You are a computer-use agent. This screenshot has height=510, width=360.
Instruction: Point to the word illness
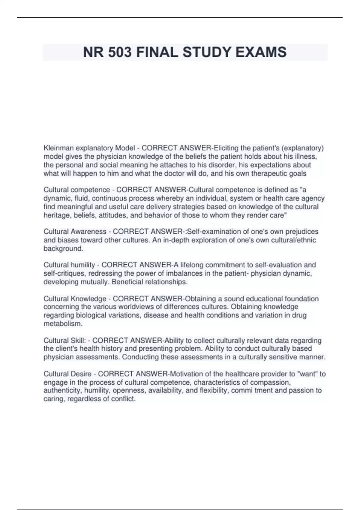tap(306, 157)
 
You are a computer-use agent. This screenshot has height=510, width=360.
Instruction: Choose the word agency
tap(313, 198)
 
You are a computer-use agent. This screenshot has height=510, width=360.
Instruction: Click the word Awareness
tap(88, 232)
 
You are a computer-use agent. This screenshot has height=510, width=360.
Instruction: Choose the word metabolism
tap(62, 324)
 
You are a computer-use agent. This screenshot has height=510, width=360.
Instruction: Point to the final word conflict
tap(123, 399)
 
